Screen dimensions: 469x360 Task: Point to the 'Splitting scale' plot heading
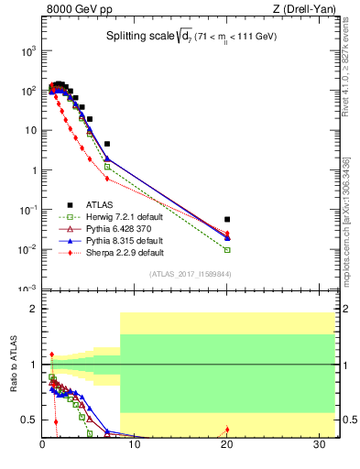coord(188,37)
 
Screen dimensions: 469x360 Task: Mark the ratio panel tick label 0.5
coord(29,420)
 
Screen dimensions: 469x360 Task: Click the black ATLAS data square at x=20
coord(227,220)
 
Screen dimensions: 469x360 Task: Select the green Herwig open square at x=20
coord(227,249)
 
